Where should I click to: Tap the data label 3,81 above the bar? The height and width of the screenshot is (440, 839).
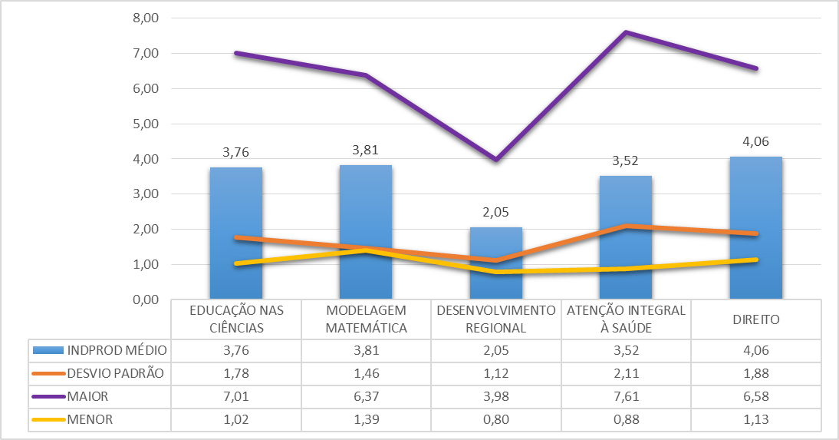365,150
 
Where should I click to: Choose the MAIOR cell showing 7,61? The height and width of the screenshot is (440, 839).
626,397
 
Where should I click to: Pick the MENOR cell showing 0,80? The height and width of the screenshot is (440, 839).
495,420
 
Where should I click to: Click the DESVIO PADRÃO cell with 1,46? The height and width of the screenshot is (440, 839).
365,374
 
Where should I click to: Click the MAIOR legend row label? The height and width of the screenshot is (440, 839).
88,397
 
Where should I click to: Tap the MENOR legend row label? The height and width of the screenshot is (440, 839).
90,420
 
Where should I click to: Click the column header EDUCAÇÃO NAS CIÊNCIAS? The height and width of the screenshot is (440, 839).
236,319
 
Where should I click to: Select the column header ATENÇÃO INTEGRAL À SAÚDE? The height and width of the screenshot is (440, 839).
626,319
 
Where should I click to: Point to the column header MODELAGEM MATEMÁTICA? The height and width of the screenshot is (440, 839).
365,319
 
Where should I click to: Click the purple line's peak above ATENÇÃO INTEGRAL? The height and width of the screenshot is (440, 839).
626,32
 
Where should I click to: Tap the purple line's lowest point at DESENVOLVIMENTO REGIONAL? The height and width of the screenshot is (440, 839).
495,160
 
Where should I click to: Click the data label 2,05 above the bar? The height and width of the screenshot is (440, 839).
495,212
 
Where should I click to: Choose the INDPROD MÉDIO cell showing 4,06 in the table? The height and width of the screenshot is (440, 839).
755,350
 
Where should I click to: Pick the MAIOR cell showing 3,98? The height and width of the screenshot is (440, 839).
495,397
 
